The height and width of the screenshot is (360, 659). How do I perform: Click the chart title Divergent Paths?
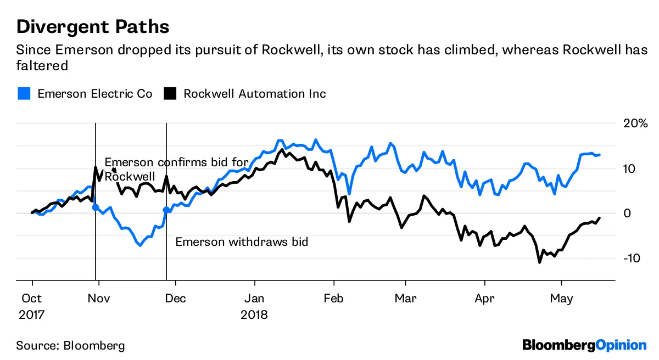tap(92, 27)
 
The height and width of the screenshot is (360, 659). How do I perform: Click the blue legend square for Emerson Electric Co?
tap(24, 94)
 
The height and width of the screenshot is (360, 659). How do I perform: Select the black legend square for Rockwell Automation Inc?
tap(170, 94)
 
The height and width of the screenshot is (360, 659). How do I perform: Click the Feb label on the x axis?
tap(334, 299)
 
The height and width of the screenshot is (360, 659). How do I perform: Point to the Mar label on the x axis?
tap(406, 299)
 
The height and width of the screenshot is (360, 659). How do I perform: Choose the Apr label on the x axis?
tap(485, 299)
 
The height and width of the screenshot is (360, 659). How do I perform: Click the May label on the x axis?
tap(562, 299)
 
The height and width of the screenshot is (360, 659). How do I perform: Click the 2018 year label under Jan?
tap(254, 315)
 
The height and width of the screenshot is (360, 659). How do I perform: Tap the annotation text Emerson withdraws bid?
tap(241, 241)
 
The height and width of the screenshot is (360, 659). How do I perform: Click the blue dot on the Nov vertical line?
tap(96, 207)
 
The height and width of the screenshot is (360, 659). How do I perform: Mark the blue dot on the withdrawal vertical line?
tap(166, 210)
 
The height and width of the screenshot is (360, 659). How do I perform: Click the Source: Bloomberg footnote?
tap(70, 346)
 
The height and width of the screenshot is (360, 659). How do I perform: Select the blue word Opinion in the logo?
tap(621, 345)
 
